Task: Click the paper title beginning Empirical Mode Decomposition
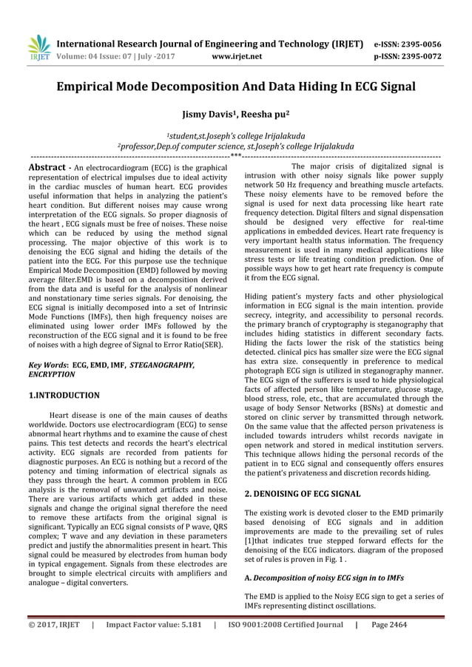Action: pyautogui.click(x=236, y=87)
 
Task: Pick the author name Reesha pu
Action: pyautogui.click(x=264, y=115)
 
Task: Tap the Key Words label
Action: pyautogui.click(x=47, y=365)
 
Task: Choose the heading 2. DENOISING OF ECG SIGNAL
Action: pyautogui.click(x=303, y=493)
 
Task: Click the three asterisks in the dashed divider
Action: pyautogui.click(x=235, y=157)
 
